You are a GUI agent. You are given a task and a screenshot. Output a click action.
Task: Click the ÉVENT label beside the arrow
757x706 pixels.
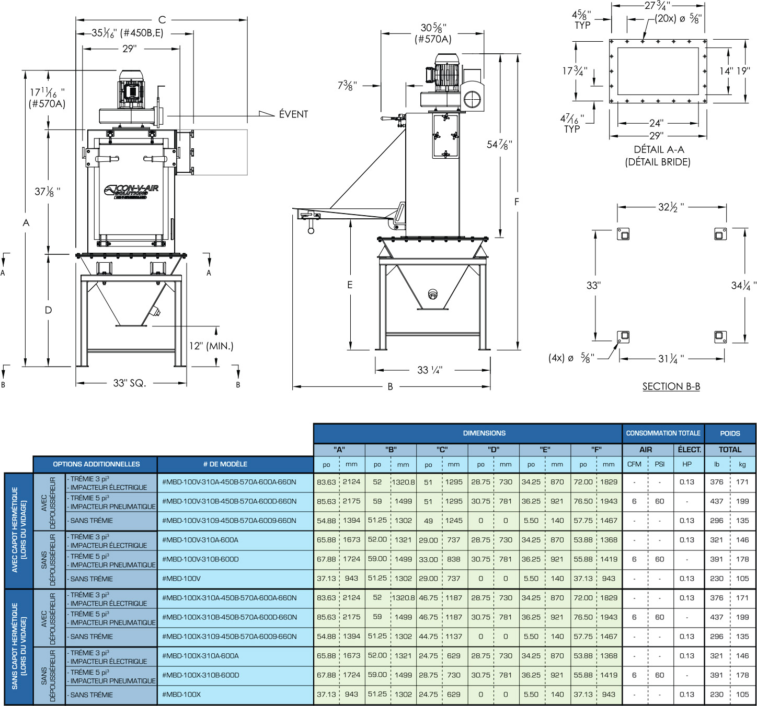point(293,114)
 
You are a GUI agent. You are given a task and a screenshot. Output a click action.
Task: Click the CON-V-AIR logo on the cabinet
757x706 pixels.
point(131,191)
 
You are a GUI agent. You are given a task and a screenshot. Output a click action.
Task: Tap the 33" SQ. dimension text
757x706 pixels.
point(129,383)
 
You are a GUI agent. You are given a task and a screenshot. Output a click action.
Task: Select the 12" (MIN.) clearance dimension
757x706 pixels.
point(211,346)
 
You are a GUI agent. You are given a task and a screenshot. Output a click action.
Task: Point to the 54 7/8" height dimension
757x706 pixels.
point(499,145)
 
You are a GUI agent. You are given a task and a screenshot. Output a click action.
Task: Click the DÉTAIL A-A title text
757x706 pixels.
point(659,150)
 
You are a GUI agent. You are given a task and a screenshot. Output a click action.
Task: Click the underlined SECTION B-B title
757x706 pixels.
point(671,386)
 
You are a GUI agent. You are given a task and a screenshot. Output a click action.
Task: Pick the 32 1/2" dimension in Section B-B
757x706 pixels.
point(671,207)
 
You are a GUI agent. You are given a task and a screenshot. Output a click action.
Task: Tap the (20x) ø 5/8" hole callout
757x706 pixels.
point(678,19)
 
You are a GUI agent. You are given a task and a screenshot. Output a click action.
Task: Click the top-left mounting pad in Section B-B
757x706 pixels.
point(623,234)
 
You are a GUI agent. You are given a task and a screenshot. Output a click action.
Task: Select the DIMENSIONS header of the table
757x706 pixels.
point(484,433)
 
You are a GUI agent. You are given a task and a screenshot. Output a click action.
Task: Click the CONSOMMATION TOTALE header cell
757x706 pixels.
point(663,433)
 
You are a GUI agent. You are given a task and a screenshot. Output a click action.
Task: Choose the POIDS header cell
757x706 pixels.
point(730,433)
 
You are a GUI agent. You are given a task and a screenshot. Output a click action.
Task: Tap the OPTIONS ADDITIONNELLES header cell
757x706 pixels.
point(96,464)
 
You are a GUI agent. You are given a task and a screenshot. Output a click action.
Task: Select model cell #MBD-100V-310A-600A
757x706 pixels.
point(200,540)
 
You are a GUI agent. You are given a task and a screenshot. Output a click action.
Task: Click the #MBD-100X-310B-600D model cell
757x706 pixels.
point(200,675)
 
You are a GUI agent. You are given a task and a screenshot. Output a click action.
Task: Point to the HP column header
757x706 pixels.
point(687,464)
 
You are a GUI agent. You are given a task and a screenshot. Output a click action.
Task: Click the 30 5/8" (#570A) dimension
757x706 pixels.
point(433,33)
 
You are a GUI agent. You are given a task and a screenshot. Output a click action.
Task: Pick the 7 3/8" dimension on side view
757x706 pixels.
point(348,85)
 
